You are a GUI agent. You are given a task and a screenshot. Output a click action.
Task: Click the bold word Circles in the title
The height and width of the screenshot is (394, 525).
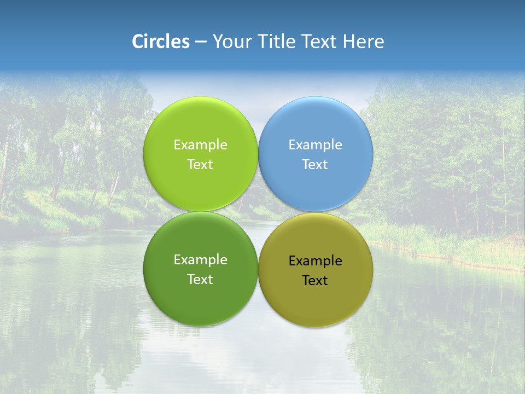(161, 42)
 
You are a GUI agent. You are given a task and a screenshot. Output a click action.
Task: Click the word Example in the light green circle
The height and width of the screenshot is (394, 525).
(200, 144)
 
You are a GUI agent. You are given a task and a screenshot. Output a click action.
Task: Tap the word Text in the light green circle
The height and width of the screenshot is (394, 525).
(200, 164)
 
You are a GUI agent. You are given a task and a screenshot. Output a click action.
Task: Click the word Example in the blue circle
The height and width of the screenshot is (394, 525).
(316, 144)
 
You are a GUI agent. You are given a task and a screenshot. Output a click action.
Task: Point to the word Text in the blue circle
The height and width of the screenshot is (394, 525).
(316, 164)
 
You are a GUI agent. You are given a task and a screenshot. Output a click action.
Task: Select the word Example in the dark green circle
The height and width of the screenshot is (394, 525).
(200, 259)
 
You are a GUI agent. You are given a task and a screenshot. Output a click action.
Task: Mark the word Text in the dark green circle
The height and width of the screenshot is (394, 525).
(200, 279)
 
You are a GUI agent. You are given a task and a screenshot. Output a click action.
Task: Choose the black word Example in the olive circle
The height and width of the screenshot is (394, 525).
(316, 260)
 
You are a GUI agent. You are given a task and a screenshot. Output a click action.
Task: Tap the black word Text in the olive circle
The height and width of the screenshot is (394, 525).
(316, 280)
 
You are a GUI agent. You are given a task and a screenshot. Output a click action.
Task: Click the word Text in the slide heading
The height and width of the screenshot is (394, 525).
(321, 42)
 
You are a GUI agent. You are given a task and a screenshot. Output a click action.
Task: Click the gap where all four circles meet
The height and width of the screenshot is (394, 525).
(258, 211)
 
